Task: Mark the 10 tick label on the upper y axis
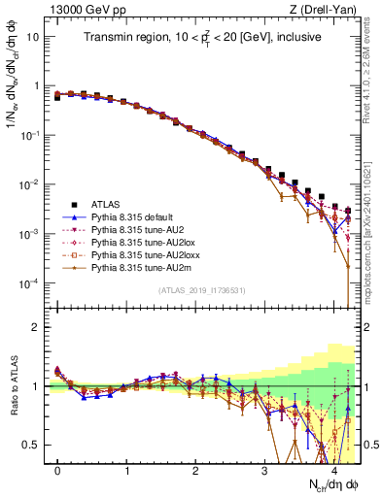click(32, 36)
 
